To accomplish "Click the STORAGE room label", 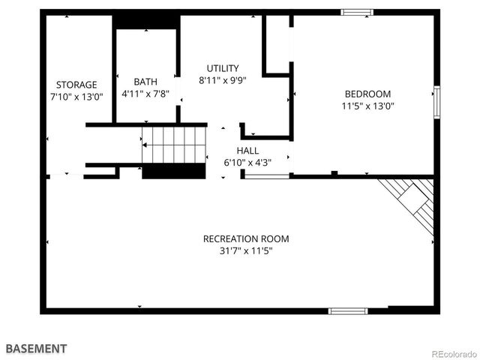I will tap(76, 85).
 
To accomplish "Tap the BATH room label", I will tap(145, 82).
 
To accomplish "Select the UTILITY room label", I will tap(223, 67).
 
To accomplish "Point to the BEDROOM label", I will tap(367, 94).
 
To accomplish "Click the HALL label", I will tap(248, 151).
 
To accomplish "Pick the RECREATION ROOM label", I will tap(246, 239).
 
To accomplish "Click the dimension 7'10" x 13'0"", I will tap(76, 97).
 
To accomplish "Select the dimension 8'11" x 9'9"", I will tap(223, 79).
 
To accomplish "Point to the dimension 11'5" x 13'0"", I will tap(367, 106).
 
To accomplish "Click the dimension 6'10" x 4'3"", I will tap(248, 163).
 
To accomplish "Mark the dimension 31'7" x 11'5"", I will tap(246, 251).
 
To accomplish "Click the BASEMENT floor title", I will tap(36, 349).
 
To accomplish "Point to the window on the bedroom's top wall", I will tap(357, 12).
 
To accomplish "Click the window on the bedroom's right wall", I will tap(436, 102).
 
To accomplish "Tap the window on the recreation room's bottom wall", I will tap(348, 310).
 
